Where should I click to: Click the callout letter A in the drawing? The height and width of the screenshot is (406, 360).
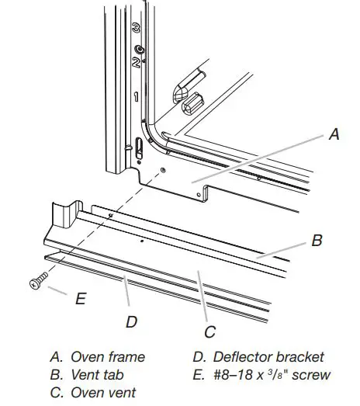[x=334, y=134]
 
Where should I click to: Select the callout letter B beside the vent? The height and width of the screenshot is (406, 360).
[x=317, y=241]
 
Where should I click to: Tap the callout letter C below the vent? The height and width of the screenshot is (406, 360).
[x=209, y=332]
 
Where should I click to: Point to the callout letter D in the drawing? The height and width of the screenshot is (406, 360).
[x=131, y=320]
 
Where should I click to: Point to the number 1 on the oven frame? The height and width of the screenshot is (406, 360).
[x=136, y=98]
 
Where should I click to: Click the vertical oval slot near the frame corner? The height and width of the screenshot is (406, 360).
[x=139, y=145]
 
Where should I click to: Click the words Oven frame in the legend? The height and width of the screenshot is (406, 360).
[x=108, y=357]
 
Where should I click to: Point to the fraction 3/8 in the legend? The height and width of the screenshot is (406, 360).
[x=282, y=374]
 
